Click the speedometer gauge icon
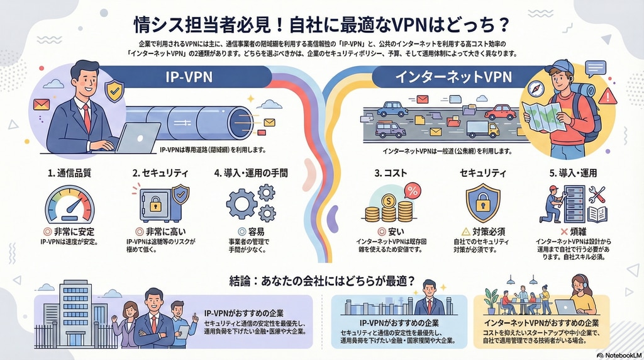69,204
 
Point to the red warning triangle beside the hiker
608,96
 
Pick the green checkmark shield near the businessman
114,91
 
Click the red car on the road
500,113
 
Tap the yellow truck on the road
482,129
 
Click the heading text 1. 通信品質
69,172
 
